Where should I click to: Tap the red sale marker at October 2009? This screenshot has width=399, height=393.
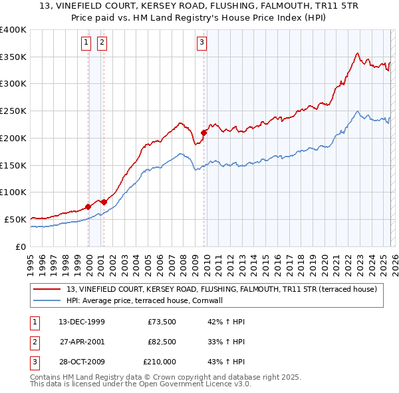pyautogui.click(x=203, y=133)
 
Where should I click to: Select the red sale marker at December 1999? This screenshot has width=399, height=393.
pyautogui.click(x=88, y=206)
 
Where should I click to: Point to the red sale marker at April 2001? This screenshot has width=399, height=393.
pyautogui.click(x=104, y=201)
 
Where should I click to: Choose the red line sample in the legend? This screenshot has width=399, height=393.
pyautogui.click(x=47, y=289)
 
